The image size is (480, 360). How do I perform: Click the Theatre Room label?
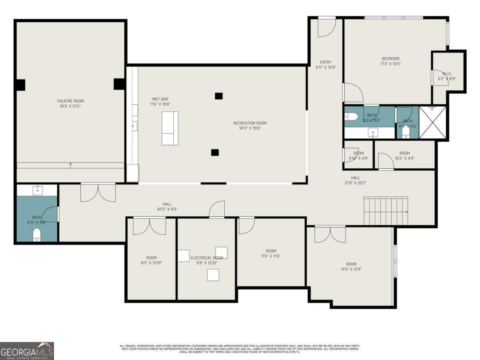(x=70, y=101)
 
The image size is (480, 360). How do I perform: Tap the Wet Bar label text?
(x=160, y=99)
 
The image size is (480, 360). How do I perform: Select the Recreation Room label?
(x=250, y=123)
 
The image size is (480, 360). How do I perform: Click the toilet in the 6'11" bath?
(x=37, y=234)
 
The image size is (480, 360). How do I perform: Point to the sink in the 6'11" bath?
(x=37, y=189)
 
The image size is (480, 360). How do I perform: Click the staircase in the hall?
(x=386, y=211)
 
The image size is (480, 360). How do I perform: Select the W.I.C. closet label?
(x=447, y=74)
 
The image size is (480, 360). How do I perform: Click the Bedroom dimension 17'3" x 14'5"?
(x=390, y=64)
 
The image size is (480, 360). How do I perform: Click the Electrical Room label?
(x=207, y=258)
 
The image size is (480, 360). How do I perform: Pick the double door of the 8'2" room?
(x=149, y=226)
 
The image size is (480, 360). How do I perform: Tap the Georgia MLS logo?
(x=27, y=351)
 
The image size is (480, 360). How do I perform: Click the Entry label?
(x=326, y=62)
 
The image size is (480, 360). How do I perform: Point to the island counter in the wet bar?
(x=170, y=128)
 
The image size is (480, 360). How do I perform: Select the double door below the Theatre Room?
(x=98, y=192)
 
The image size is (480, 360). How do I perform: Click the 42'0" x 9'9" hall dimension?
(x=167, y=209)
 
